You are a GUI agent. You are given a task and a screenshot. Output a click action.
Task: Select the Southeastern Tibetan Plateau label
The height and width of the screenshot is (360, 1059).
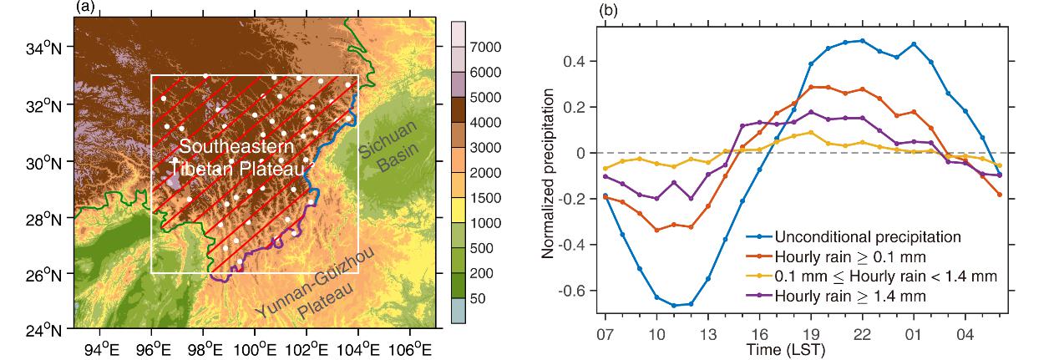click(x=236, y=158)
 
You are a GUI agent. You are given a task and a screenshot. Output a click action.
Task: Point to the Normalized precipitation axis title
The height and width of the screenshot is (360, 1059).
click(x=549, y=174)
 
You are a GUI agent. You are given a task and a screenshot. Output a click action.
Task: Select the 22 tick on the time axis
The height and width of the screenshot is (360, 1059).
click(x=862, y=335)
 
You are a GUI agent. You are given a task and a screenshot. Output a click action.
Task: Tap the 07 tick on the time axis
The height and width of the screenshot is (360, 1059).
click(x=605, y=335)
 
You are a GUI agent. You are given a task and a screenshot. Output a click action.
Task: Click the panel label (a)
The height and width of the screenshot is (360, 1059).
click(x=84, y=7)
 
